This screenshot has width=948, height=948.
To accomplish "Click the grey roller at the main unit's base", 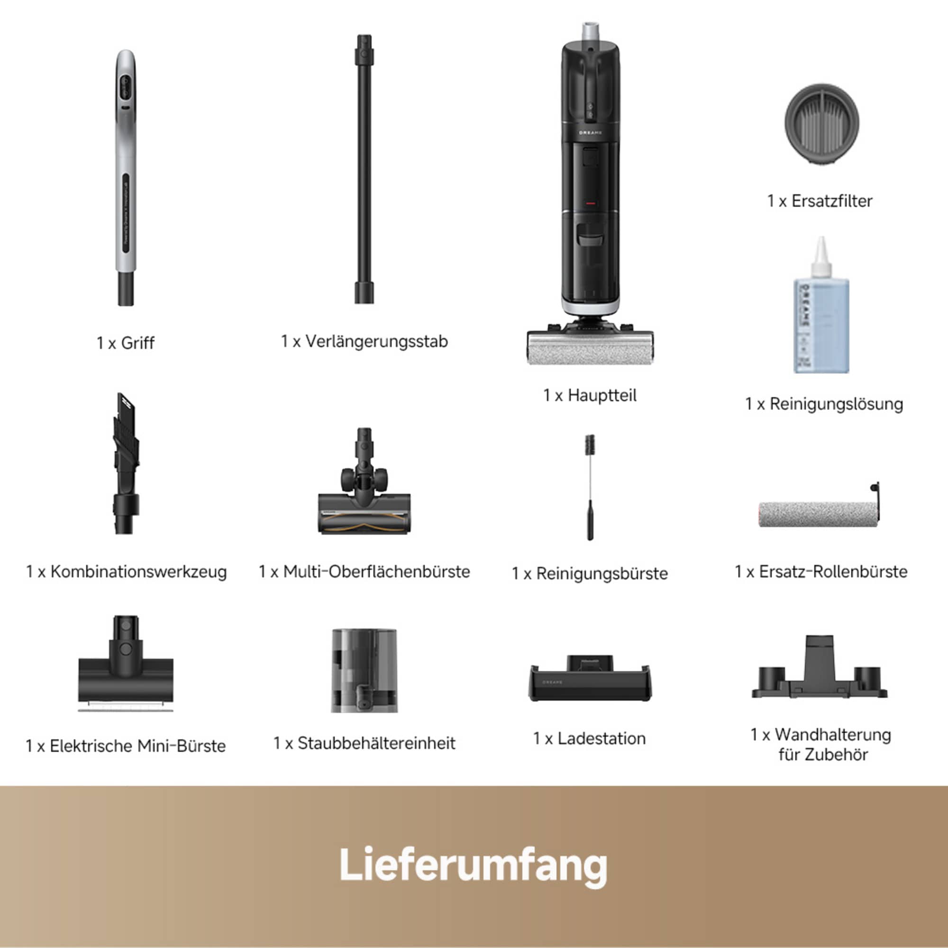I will pyautogui.click(x=590, y=348).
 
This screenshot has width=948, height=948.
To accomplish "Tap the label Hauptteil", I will pyautogui.click(x=602, y=395).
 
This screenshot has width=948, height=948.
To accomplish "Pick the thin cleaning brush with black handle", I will pyautogui.click(x=590, y=486).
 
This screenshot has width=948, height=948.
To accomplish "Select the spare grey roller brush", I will pyautogui.click(x=818, y=514).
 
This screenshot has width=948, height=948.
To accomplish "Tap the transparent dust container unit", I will pyautogui.click(x=364, y=670).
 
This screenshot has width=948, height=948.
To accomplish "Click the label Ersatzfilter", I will pyautogui.click(x=832, y=201).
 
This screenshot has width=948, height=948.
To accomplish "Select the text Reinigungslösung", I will pyautogui.click(x=836, y=404).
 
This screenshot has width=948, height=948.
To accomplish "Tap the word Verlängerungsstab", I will pyautogui.click(x=376, y=341).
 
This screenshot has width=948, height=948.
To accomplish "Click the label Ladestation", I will pyautogui.click(x=601, y=738).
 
